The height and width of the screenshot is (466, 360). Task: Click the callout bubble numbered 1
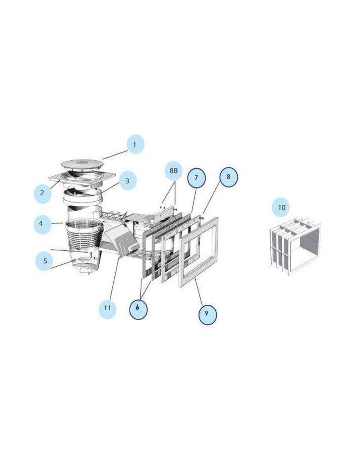click(136, 144)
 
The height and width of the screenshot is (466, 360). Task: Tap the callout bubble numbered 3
click(127, 181)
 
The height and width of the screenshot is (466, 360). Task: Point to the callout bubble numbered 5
click(45, 261)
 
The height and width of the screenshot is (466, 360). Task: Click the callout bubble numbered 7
click(197, 178)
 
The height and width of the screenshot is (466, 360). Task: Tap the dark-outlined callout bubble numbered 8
click(228, 177)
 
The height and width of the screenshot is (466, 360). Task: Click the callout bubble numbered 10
click(282, 207)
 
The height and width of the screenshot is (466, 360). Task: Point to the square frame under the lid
click(82, 178)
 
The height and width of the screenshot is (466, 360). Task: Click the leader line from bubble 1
click(115, 155)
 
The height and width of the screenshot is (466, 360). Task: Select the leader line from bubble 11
click(115, 279)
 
